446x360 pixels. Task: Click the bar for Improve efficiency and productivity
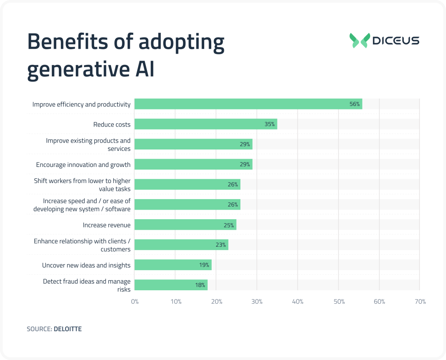click(x=248, y=104)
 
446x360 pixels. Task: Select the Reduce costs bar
click(x=206, y=124)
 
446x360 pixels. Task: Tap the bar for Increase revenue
click(x=185, y=225)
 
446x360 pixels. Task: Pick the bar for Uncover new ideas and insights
click(x=173, y=265)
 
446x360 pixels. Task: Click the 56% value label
click(x=354, y=104)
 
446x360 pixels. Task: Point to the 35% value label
click(x=270, y=124)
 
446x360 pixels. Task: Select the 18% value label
click(x=200, y=285)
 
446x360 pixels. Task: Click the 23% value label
click(x=220, y=245)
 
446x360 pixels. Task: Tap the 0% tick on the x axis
click(x=135, y=302)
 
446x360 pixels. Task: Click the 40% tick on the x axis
click(x=298, y=302)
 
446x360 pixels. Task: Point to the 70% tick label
click(x=420, y=302)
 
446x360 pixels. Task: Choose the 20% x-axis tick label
click(x=216, y=302)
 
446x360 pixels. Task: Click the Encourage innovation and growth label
click(x=83, y=165)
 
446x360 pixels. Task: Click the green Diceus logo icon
click(x=359, y=41)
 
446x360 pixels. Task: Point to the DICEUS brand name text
click(x=396, y=41)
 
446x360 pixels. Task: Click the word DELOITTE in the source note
click(x=68, y=329)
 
